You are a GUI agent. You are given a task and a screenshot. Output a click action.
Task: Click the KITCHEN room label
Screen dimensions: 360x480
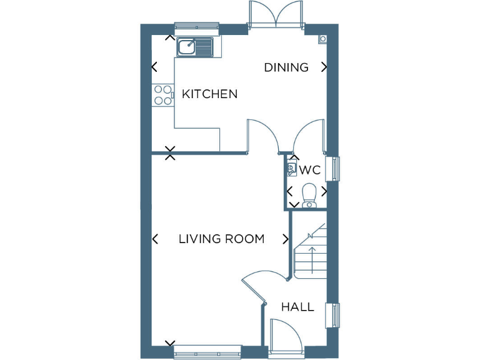point(209,94)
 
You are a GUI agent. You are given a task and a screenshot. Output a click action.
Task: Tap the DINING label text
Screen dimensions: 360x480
point(286,67)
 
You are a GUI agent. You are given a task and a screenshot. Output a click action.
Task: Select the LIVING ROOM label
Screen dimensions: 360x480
point(221,239)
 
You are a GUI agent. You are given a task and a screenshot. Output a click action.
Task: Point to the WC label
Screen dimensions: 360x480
point(309,170)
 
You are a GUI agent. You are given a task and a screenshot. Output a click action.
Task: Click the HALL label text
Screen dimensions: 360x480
point(297,307)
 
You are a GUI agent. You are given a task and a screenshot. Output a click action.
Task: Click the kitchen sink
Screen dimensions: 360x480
point(195,47)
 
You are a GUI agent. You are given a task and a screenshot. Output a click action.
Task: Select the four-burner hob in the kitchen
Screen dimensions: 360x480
point(162,94)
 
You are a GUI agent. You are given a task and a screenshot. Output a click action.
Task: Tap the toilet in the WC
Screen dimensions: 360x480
point(309,194)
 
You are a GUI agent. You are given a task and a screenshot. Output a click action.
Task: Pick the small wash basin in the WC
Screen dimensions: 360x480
point(291,168)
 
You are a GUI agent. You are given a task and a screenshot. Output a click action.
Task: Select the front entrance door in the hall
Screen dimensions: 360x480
point(285,337)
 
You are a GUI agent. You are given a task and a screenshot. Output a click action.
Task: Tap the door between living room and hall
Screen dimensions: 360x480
point(256,286)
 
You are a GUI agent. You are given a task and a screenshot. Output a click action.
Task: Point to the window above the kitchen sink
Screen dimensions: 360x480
point(197,26)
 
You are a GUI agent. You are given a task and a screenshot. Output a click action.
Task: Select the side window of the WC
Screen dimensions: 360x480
point(337,168)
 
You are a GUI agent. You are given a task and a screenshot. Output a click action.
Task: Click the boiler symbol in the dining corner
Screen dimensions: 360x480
point(322,39)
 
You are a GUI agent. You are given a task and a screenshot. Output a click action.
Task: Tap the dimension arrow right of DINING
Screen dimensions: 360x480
point(324,67)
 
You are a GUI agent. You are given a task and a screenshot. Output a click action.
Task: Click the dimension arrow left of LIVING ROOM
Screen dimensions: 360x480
point(155,239)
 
